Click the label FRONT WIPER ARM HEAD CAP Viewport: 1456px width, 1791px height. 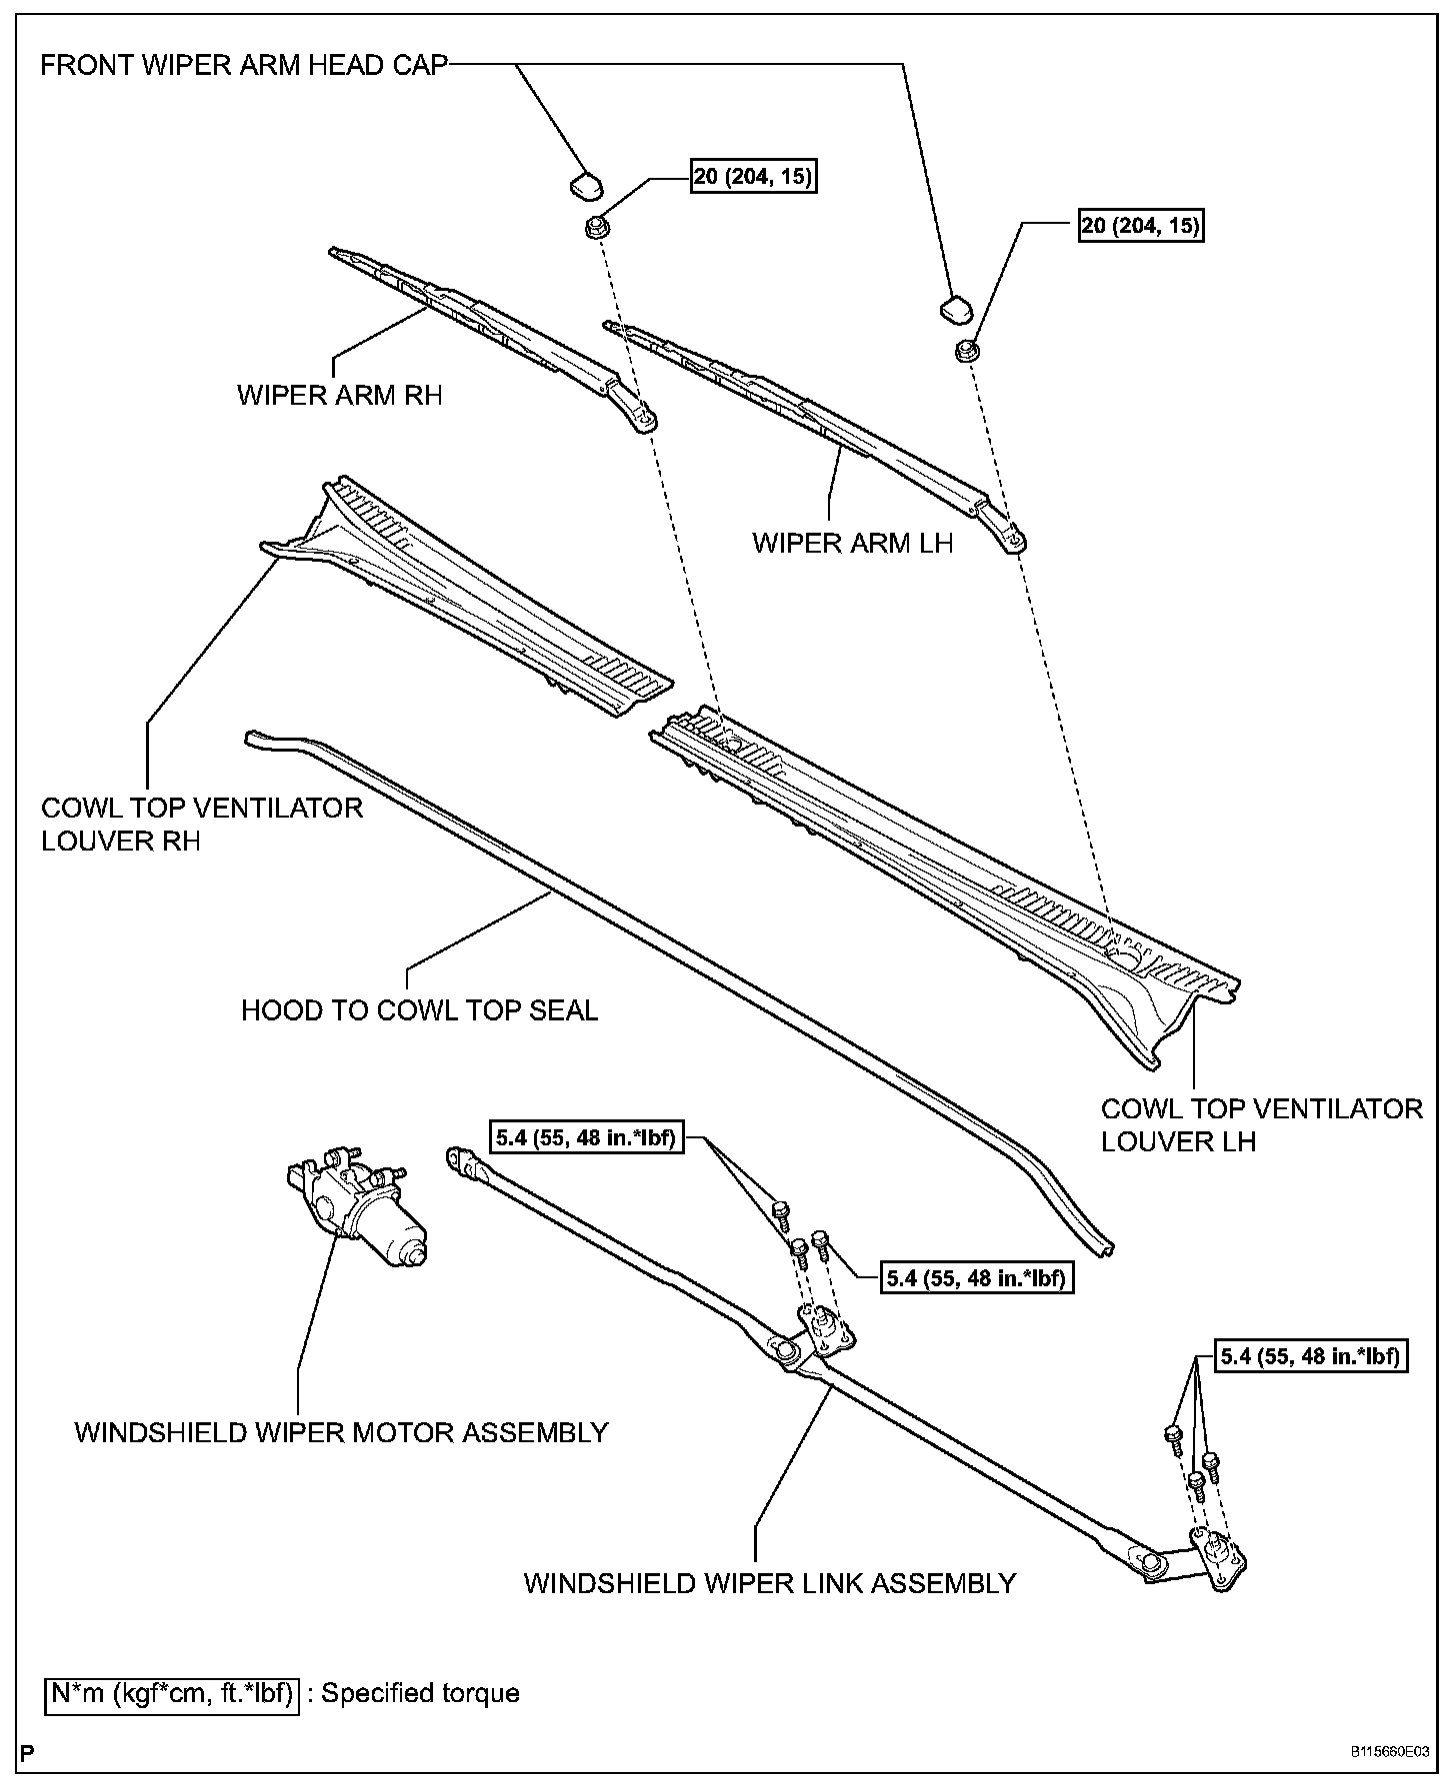244,66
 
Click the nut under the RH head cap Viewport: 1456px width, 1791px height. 595,227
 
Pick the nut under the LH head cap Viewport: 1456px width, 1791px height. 966,352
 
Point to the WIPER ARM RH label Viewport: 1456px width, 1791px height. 339,395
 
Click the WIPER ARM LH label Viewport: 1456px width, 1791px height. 852,543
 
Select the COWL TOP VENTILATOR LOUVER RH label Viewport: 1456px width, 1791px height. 201,824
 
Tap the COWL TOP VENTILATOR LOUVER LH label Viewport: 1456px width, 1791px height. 1261,1124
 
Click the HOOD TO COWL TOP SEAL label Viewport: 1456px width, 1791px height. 419,1010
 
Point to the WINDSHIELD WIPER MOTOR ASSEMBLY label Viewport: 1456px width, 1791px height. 341,1432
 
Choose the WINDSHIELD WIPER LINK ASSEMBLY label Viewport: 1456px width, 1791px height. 769,1583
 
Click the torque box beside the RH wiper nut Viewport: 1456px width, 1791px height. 752,177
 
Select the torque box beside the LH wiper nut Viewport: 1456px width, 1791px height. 1140,226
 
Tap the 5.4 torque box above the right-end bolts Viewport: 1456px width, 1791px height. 1311,1356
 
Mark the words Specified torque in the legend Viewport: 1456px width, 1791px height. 420,1693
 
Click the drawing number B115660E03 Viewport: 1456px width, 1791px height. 1390,1752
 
